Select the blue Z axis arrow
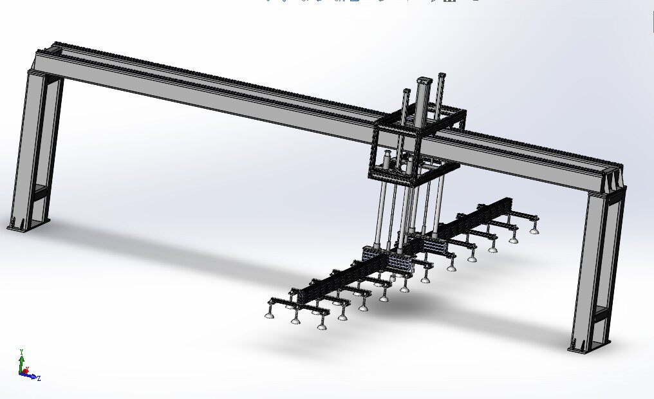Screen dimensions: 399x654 click(x=32, y=376)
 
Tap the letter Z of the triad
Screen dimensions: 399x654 click(x=39, y=378)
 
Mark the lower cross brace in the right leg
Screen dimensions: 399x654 click(x=600, y=313)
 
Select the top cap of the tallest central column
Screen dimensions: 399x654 click(x=424, y=80)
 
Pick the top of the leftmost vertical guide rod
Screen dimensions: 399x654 click(x=406, y=91)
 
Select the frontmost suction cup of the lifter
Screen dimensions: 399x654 click(x=322, y=326)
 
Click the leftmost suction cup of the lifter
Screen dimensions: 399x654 click(x=269, y=315)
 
